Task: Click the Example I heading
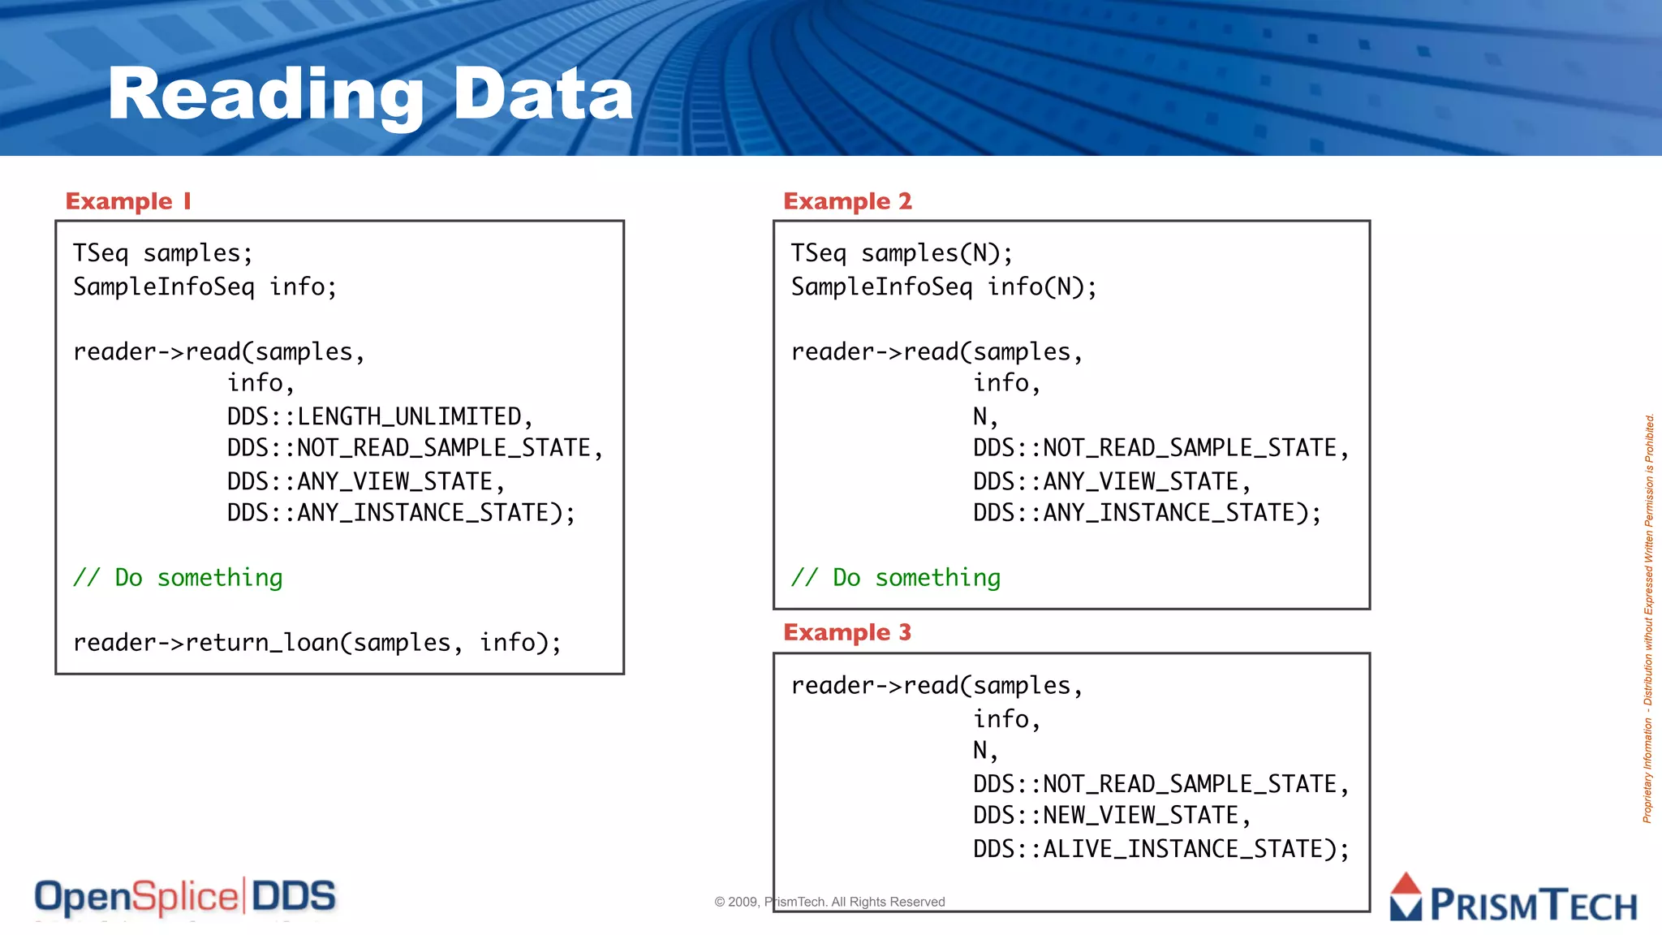coord(128,201)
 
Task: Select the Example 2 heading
coord(847,201)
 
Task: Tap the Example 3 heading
coord(847,632)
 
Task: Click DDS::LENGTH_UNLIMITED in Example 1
coord(379,416)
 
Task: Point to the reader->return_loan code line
coord(317,643)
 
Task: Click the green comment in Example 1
coord(178,578)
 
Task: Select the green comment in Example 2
coord(896,578)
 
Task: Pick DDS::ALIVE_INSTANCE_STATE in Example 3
coord(1160,849)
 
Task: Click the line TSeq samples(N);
coord(902,253)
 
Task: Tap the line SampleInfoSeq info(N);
coord(944,287)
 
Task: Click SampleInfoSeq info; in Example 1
coord(205,287)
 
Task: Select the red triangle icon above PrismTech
coord(1406,885)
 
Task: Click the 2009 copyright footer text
coord(829,902)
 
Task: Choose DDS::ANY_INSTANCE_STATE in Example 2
coord(1147,513)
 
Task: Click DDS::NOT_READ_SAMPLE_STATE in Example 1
coord(415,448)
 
